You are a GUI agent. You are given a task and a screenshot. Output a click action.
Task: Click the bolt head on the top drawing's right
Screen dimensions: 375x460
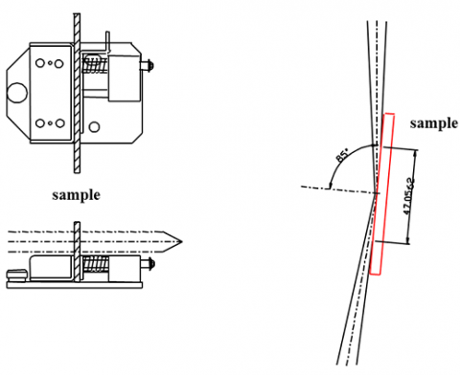tap(151, 66)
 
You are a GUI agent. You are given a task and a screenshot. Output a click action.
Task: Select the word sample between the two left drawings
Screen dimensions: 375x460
tap(75, 193)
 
